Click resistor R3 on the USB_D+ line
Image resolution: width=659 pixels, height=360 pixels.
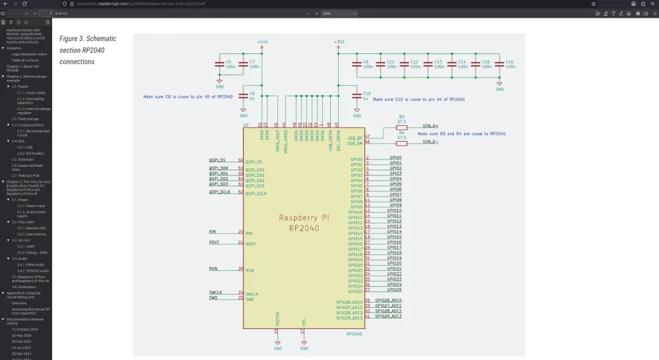click(401, 127)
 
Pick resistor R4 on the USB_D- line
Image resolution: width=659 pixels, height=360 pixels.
click(401, 142)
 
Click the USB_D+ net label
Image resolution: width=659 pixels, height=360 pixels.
click(430, 125)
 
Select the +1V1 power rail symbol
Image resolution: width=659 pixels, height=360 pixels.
click(262, 42)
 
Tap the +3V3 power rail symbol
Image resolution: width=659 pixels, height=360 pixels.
click(339, 42)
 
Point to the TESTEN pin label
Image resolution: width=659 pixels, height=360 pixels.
click(277, 320)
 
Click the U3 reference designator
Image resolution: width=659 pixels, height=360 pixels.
click(246, 124)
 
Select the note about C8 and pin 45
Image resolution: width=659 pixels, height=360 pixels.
click(188, 97)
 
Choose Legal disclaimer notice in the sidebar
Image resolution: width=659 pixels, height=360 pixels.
click(29, 54)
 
